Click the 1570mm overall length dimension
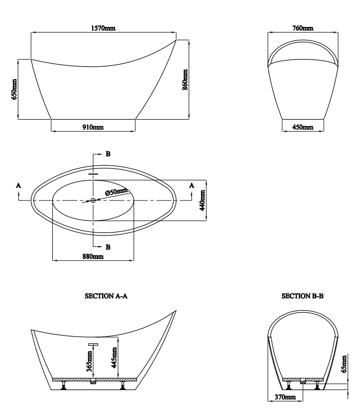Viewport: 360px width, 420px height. click(104, 28)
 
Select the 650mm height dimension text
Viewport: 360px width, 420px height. click(14, 89)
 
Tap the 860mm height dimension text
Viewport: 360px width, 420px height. click(185, 80)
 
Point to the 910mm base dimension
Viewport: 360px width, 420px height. click(93, 127)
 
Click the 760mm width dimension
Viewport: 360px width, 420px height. click(303, 28)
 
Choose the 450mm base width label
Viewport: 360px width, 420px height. click(303, 127)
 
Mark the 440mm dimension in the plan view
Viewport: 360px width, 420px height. click(203, 200)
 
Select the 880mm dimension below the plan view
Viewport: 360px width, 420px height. click(93, 256)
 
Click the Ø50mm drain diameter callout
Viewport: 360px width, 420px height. click(116, 192)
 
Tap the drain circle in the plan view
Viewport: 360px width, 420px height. click(93, 200)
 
